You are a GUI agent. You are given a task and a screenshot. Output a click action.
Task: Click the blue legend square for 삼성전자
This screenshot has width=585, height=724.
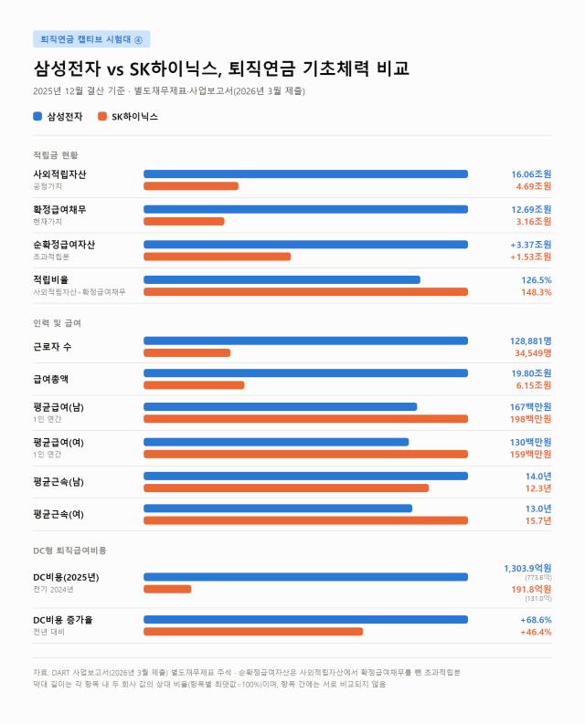pos(37,116)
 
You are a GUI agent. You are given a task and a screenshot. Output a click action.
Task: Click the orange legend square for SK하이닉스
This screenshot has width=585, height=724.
pos(102,116)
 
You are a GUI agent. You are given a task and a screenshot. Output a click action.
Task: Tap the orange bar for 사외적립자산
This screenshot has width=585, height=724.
pos(191,186)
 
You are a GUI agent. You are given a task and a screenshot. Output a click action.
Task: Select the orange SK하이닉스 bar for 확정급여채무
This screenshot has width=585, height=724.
pos(184,222)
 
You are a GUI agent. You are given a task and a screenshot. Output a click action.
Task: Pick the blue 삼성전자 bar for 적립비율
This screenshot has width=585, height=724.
pos(282,279)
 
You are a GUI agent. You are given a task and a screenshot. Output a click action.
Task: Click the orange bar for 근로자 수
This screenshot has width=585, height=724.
pos(186,353)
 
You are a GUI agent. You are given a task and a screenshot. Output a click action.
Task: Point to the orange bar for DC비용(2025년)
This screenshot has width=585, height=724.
pos(167,589)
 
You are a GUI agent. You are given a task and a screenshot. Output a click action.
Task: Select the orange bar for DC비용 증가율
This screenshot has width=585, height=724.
pos(253,632)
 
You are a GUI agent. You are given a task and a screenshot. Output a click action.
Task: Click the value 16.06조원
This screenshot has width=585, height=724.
pos(531,174)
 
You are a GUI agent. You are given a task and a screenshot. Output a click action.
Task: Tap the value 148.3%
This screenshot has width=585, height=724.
pos(536,292)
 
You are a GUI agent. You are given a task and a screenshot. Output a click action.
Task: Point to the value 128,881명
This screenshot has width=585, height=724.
pos(530,341)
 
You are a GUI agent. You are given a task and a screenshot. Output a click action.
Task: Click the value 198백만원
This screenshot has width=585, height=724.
pos(530,419)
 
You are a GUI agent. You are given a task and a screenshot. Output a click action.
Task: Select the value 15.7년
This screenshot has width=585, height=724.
pos(538,520)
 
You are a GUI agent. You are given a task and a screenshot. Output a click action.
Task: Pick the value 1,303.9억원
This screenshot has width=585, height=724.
pos(527,569)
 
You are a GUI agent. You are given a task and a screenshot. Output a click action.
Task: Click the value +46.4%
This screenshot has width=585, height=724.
pos(536,632)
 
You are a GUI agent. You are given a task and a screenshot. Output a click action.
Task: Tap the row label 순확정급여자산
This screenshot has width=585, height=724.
pos(64,245)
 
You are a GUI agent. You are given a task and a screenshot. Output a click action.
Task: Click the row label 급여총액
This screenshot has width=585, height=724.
pos(51,379)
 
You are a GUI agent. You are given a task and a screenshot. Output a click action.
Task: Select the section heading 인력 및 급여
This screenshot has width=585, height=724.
pos(57,323)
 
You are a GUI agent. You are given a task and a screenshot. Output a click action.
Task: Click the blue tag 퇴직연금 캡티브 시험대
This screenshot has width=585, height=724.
pos(91,39)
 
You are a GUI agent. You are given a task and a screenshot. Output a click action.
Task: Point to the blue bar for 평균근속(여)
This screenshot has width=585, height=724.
pos(278,509)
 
